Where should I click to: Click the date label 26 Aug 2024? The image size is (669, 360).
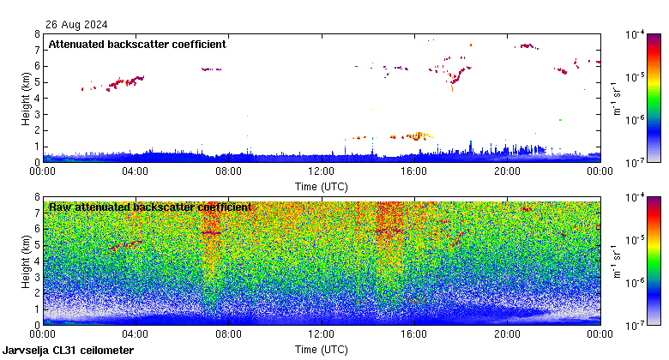click(71, 25)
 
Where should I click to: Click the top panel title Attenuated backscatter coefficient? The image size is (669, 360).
click(137, 44)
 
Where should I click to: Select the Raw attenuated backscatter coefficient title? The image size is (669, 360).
click(150, 207)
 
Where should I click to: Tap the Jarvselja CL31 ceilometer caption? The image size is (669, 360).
click(69, 351)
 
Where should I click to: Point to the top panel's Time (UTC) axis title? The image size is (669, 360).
click(322, 186)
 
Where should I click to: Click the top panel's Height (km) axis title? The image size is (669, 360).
click(27, 98)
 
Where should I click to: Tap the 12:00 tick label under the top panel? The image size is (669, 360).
click(322, 171)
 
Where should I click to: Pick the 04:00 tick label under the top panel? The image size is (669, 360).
click(136, 171)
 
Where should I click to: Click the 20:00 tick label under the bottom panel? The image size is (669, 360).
click(507, 334)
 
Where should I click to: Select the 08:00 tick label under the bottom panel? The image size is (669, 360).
click(229, 334)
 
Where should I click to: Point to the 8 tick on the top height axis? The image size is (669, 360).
click(37, 34)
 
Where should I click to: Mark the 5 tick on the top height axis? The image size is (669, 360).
click(37, 82)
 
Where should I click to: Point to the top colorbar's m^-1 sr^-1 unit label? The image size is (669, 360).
click(615, 98)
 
